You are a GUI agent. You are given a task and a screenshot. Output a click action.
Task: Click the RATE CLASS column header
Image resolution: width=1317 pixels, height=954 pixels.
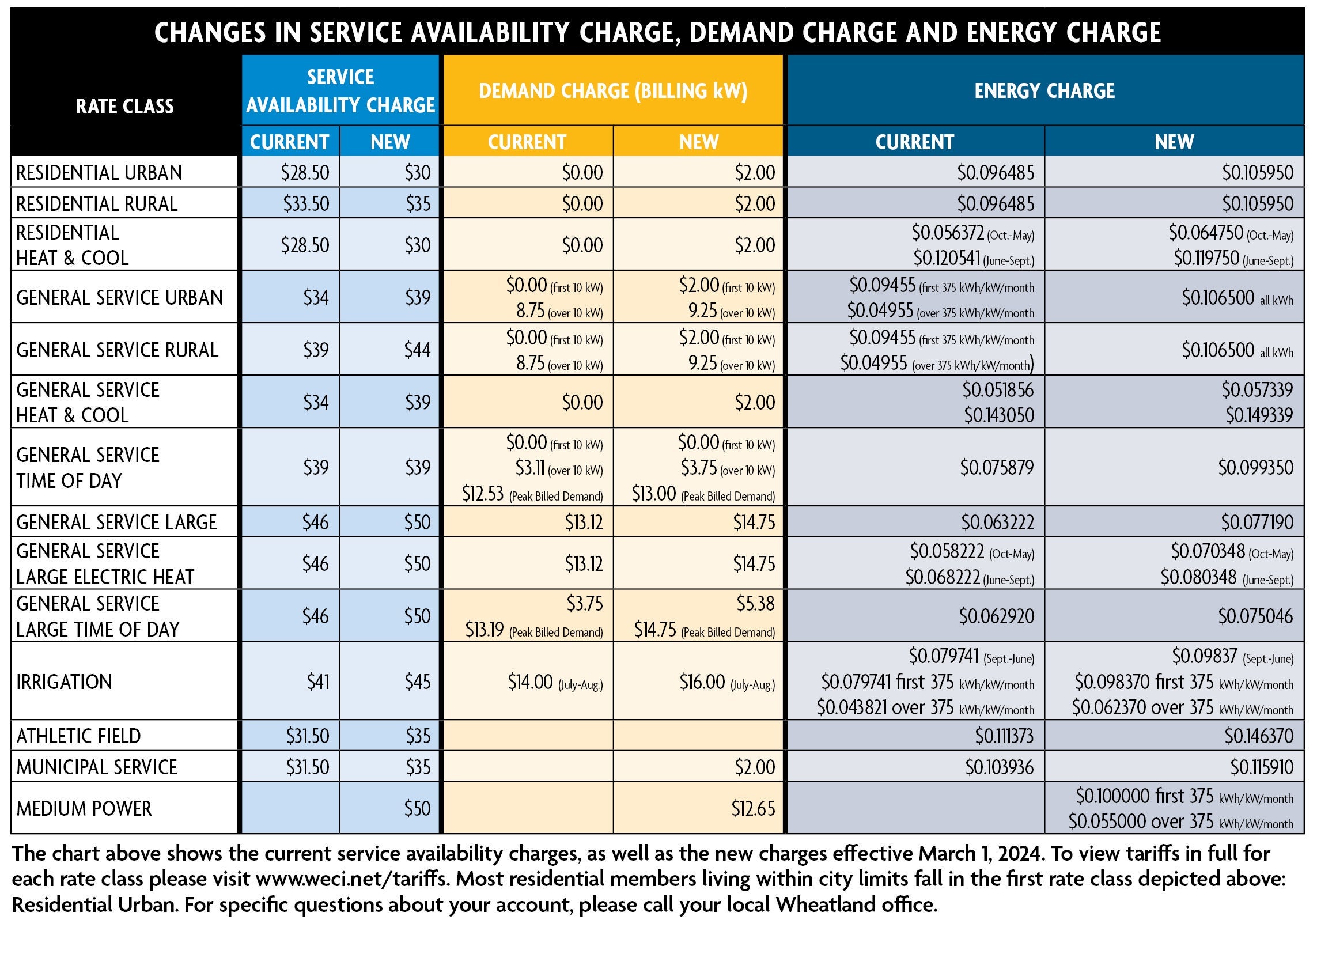[x=125, y=106]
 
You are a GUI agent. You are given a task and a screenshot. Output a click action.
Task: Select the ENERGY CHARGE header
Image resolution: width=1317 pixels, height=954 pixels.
[x=1044, y=91]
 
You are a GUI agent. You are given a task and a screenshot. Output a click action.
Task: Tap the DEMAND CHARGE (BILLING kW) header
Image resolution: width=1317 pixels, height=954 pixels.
[x=612, y=91]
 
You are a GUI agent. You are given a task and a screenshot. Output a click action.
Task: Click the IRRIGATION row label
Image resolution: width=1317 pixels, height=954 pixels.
[x=64, y=682]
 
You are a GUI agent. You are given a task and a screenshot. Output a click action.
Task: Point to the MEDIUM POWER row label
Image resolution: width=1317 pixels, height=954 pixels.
[x=84, y=808]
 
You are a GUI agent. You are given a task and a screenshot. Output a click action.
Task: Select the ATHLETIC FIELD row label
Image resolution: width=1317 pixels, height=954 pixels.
[x=78, y=736]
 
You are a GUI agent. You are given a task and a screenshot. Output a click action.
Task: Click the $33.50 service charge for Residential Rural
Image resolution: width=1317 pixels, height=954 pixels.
[x=306, y=204]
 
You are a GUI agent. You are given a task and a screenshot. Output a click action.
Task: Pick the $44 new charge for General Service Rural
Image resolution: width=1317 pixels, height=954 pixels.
[x=418, y=350]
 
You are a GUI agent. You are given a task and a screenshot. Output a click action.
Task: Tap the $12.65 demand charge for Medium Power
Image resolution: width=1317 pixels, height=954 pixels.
[x=753, y=808]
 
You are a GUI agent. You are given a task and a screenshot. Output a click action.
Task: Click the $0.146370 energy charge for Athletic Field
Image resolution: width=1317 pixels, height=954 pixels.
[x=1259, y=736]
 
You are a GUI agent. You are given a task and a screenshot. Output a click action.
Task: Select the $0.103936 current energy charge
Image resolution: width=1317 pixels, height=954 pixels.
[x=1000, y=767]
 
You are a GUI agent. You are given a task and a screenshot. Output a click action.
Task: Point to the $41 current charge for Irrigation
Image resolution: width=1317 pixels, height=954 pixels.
[x=317, y=682]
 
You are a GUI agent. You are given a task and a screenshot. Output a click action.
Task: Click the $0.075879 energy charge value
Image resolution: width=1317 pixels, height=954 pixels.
[x=997, y=467]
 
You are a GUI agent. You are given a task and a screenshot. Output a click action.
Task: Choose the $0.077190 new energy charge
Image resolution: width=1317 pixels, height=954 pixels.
[x=1257, y=522]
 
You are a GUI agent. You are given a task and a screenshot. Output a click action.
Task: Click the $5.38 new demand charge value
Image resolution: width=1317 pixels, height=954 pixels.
[x=755, y=604]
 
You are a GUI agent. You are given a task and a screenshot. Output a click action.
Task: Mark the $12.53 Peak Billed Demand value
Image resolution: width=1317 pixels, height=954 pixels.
[x=483, y=494]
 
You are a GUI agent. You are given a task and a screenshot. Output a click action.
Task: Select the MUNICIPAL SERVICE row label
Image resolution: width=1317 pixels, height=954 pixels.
[x=96, y=767]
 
